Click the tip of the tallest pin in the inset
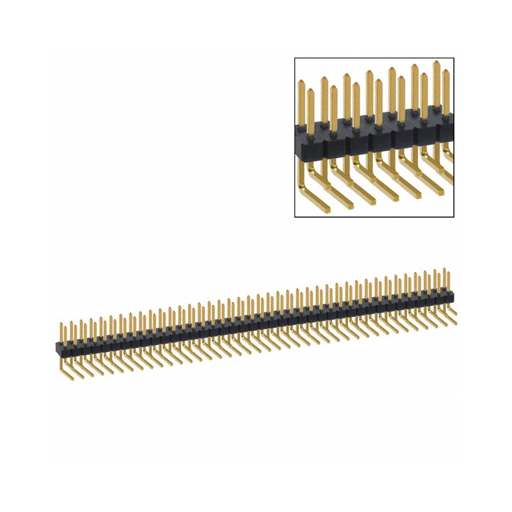tap(436, 63)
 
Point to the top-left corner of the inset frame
tap(294, 58)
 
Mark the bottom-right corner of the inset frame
tap(454, 217)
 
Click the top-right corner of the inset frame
tap(454, 58)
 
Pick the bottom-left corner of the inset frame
tap(294, 217)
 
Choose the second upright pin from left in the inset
tap(310, 112)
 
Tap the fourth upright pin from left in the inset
tap(333, 109)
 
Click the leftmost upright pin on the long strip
tap(62, 332)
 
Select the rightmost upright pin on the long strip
tap(451, 282)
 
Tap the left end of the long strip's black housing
tap(57, 348)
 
